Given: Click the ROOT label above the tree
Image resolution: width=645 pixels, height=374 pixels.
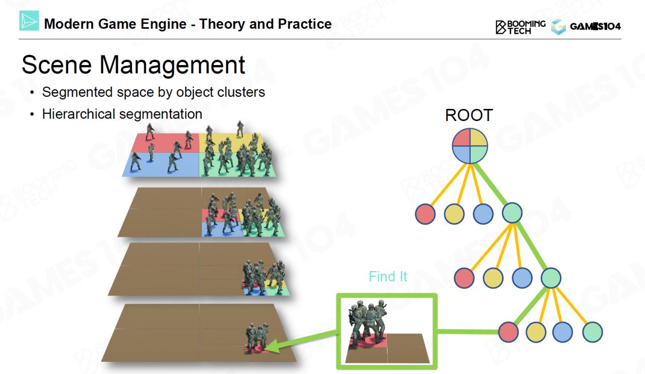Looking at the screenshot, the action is (x=469, y=115).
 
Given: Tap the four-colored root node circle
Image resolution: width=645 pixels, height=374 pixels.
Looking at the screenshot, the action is (x=470, y=146).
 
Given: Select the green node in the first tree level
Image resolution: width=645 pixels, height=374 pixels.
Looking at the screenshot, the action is (x=512, y=213).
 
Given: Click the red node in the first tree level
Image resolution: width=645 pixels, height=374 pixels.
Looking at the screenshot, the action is (x=425, y=214).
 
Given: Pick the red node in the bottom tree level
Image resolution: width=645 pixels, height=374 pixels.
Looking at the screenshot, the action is (x=508, y=332).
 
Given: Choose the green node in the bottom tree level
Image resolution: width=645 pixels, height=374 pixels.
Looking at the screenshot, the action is (x=592, y=332).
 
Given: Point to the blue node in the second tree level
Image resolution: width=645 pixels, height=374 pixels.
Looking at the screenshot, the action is (x=522, y=278).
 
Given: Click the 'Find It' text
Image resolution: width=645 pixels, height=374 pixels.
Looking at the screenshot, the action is (x=388, y=277).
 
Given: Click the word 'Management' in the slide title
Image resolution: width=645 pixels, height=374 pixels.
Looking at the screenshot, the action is (x=172, y=65).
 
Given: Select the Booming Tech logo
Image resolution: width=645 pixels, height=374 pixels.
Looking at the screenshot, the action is (x=521, y=27).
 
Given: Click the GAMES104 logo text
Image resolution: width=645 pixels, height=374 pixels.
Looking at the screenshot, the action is (x=595, y=27).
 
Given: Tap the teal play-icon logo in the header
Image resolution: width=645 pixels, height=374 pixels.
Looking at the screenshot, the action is (x=29, y=21).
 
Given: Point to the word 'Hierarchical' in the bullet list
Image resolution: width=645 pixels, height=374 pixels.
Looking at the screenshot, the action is (x=79, y=114).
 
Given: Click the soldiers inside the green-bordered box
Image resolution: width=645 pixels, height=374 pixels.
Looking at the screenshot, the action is (x=368, y=322).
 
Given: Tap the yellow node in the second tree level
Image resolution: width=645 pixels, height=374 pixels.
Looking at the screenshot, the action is (x=493, y=278).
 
